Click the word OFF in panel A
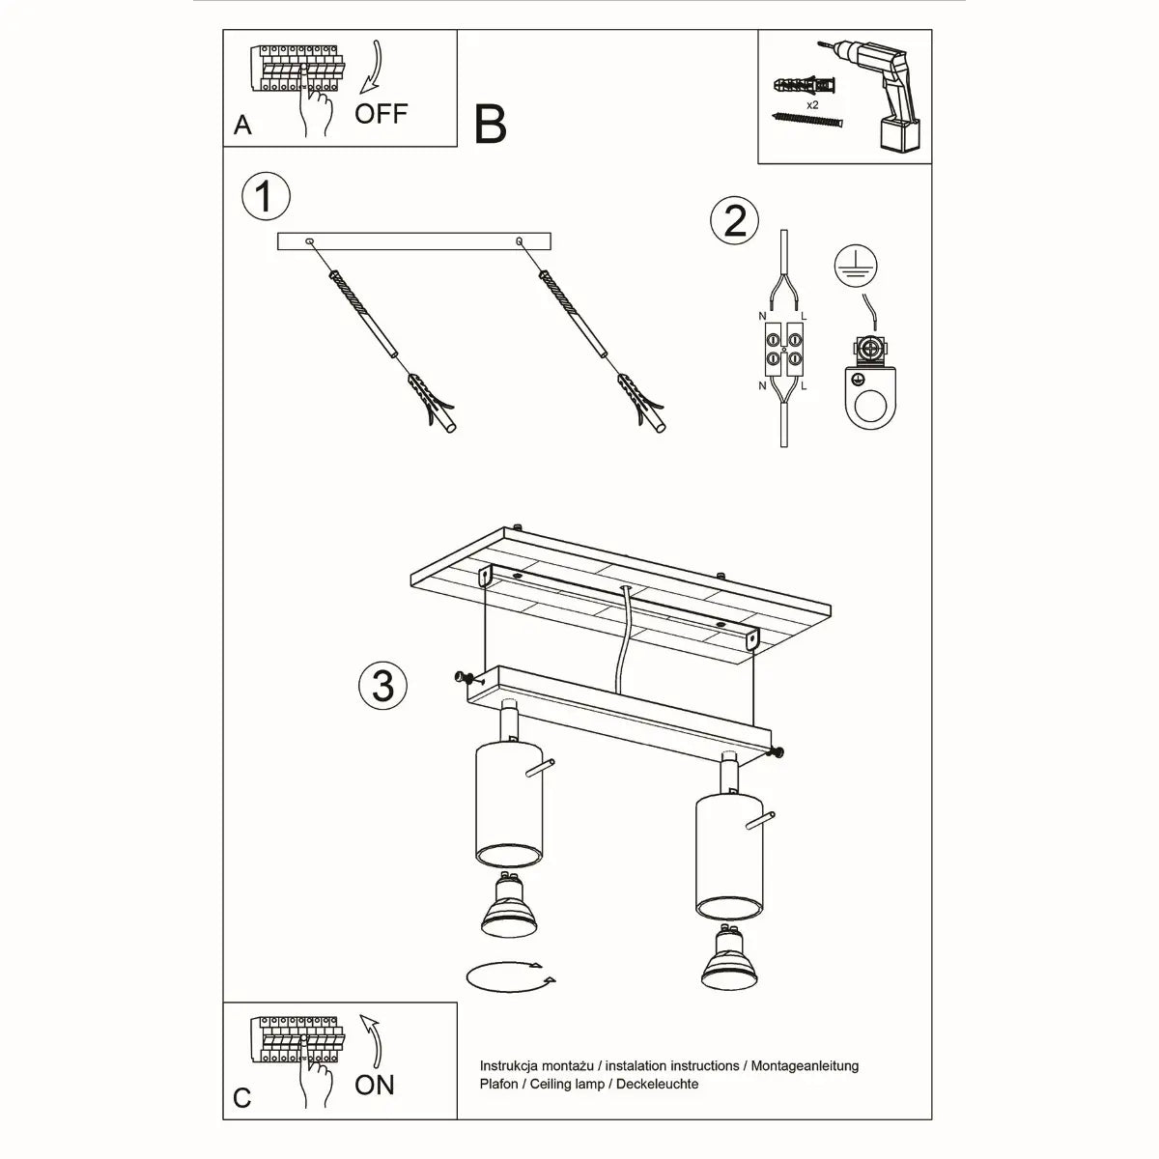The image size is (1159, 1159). (x=381, y=114)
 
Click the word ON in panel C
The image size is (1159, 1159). (x=375, y=1085)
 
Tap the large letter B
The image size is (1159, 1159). (x=491, y=125)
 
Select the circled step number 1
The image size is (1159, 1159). (x=265, y=197)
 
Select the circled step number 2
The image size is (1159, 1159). (x=734, y=221)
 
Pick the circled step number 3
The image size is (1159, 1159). (x=382, y=686)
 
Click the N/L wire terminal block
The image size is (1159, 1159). (x=784, y=350)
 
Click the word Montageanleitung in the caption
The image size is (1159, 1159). (x=803, y=1066)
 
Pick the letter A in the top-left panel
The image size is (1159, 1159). (x=242, y=126)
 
